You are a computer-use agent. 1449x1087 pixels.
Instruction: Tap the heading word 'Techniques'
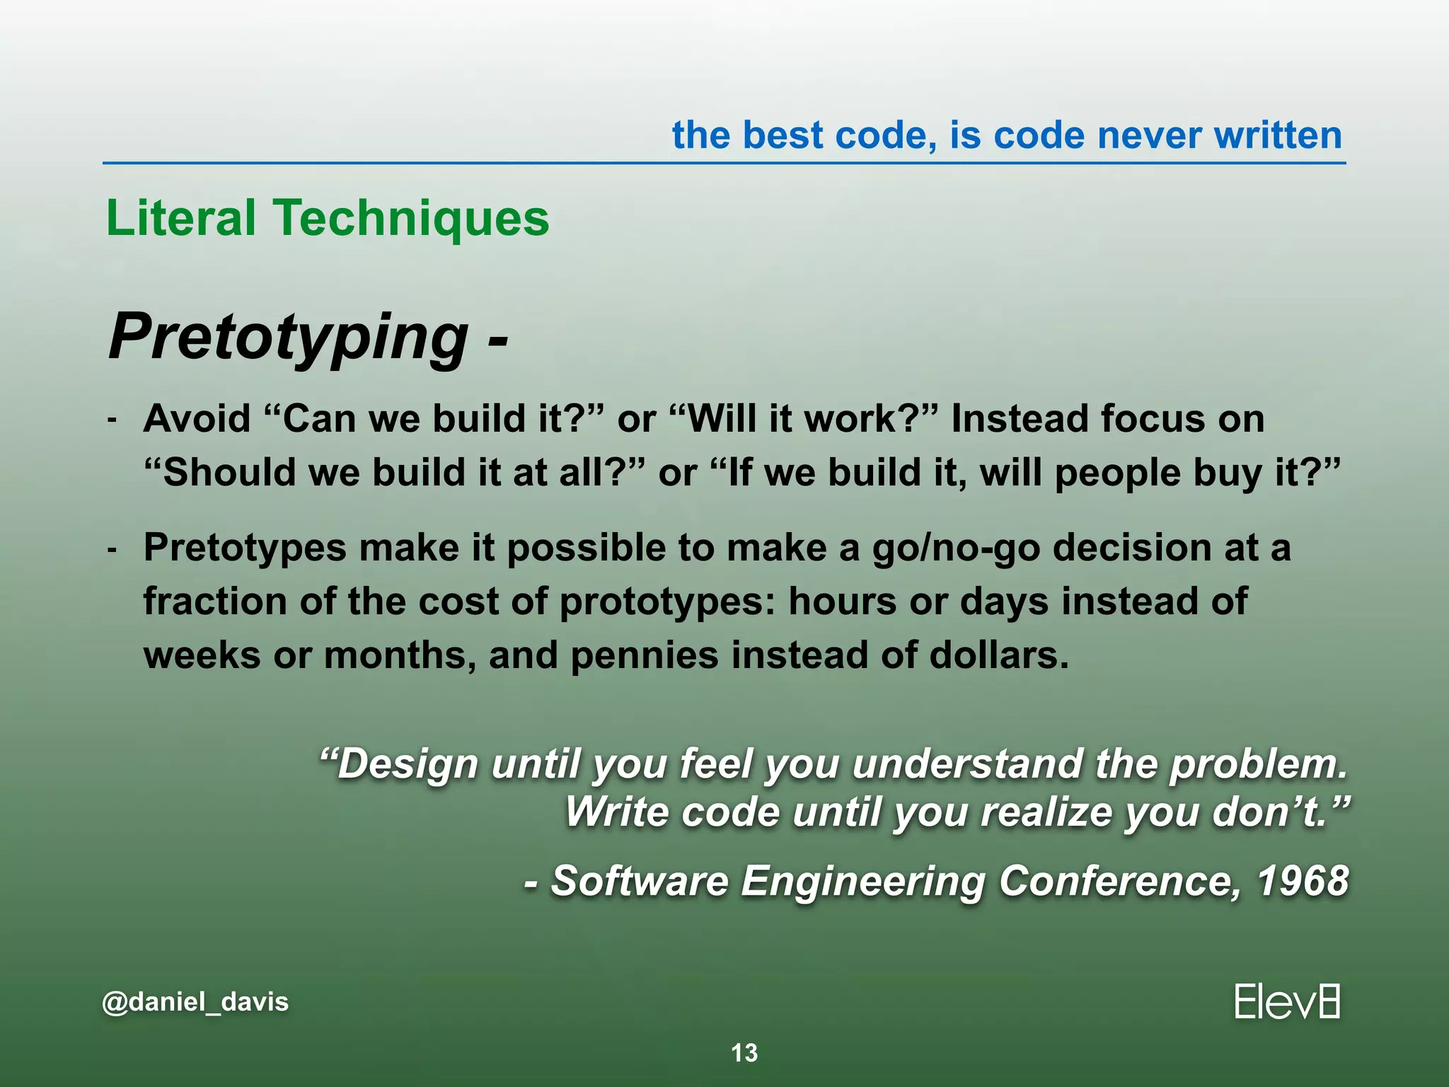(411, 218)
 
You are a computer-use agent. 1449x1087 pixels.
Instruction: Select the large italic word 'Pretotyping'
(289, 337)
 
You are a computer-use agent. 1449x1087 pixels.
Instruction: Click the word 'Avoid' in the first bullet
(197, 418)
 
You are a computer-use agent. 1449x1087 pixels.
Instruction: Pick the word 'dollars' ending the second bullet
(998, 655)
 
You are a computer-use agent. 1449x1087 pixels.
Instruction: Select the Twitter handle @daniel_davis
(195, 1001)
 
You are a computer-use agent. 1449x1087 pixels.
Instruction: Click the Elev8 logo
(1287, 1001)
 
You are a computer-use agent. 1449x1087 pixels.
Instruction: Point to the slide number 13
(744, 1053)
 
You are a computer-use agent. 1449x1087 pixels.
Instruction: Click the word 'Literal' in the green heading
(181, 218)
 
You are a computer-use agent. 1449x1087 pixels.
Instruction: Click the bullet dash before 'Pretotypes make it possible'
(112, 549)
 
